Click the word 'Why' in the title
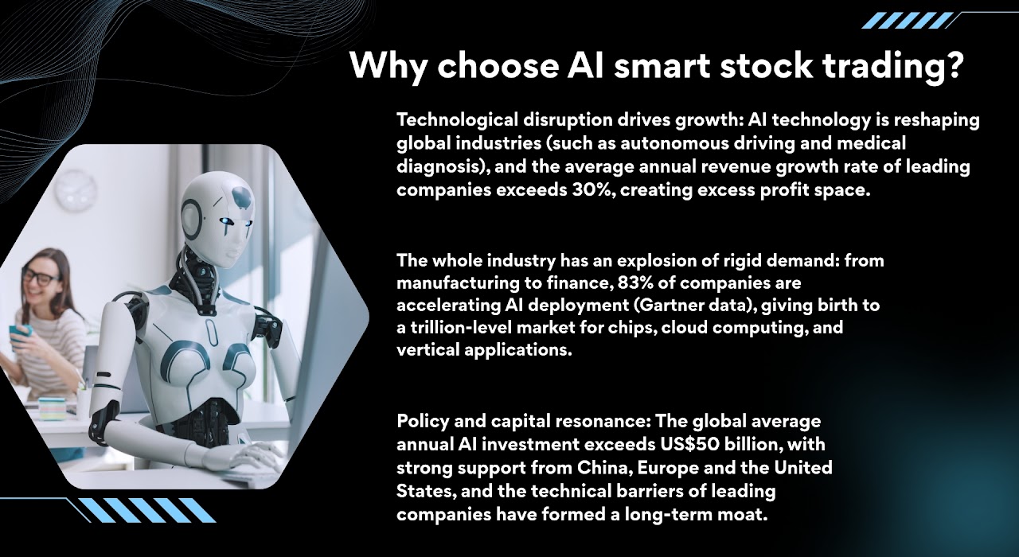(388, 66)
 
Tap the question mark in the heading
(951, 64)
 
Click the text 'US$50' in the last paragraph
(690, 444)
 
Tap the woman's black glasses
(42, 277)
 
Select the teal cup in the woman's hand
(21, 337)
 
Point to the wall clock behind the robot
(76, 189)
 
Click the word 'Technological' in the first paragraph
(457, 120)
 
